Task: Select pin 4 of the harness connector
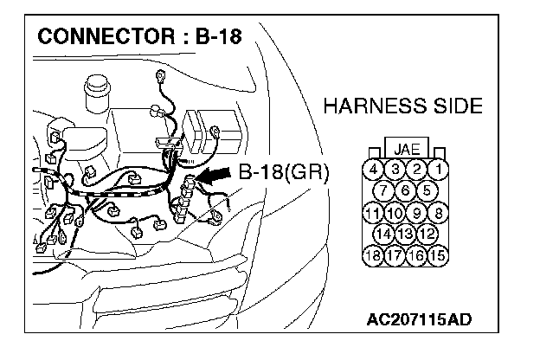point(373,170)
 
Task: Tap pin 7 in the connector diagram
point(383,190)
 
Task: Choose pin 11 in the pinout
point(373,212)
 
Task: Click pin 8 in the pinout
point(439,212)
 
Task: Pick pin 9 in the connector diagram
point(416,212)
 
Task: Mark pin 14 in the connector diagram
point(383,233)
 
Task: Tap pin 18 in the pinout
point(373,254)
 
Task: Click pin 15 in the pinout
point(439,254)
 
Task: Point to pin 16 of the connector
point(416,254)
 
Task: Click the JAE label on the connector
point(406,148)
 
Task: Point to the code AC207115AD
point(418,320)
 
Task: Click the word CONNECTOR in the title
point(91,40)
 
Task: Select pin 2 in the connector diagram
point(416,170)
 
